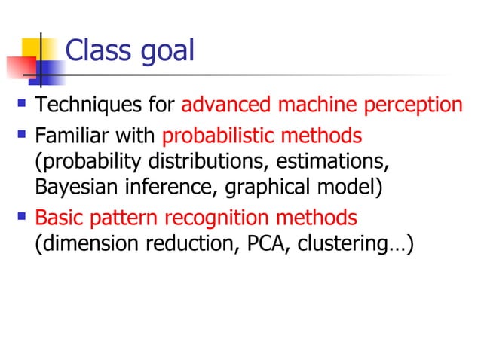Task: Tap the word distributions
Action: pos(246,162)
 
